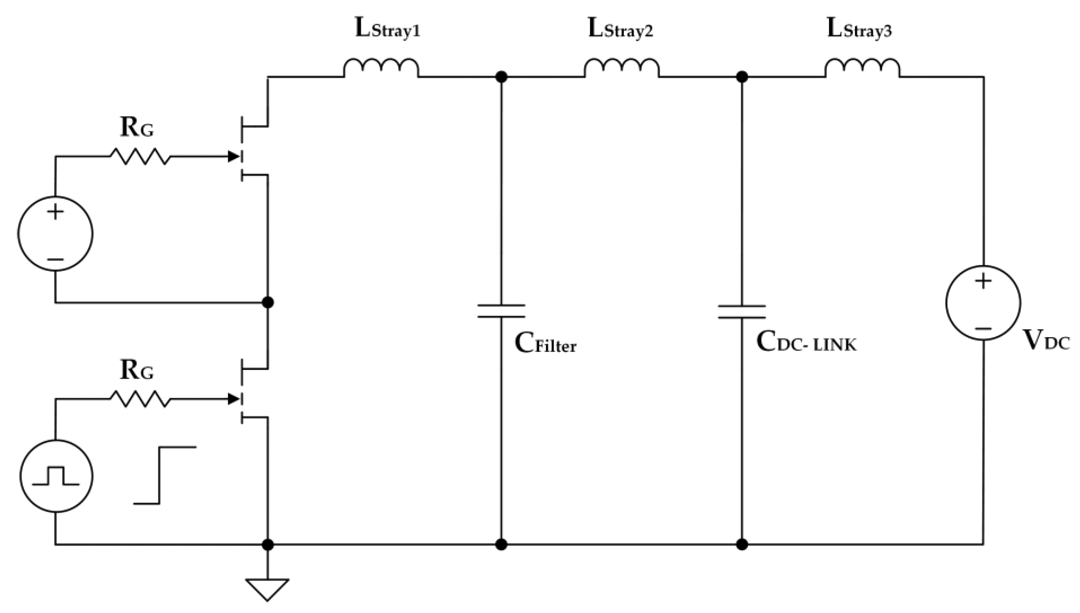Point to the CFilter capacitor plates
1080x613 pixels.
[501, 311]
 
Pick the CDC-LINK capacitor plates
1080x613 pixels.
[742, 312]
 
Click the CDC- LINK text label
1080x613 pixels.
[806, 342]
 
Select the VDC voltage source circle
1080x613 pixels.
[983, 302]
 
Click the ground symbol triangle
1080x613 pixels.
[267, 589]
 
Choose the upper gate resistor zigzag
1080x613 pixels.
[140, 156]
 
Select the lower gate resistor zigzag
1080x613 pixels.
[140, 399]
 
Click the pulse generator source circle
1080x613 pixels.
[56, 476]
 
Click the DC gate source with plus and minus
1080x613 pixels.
[55, 233]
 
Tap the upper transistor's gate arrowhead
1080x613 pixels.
[233, 156]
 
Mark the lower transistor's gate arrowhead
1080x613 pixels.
[233, 399]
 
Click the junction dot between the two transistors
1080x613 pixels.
[268, 302]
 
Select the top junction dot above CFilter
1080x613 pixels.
[501, 77]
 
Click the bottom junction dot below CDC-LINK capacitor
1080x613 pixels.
[742, 544]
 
